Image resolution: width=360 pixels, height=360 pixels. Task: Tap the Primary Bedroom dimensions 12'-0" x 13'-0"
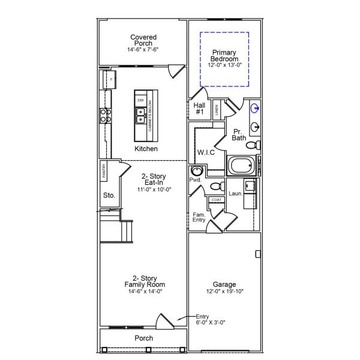click(224, 64)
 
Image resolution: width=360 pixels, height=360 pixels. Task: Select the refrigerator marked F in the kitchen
click(111, 79)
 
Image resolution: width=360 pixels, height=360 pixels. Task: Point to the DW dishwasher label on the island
click(140, 100)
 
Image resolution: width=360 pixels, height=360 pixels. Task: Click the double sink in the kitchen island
click(140, 115)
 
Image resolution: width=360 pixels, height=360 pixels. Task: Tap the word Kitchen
click(146, 149)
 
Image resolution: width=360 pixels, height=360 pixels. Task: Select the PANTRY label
click(104, 172)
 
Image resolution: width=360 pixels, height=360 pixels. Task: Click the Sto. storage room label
click(109, 195)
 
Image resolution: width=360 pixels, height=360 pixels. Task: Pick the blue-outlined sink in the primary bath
click(256, 109)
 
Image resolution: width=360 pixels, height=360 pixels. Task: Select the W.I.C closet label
click(206, 152)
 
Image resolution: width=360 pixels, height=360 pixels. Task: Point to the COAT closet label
click(216, 200)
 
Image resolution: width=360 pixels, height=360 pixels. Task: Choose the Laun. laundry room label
click(235, 193)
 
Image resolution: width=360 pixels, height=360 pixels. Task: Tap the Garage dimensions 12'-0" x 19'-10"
click(224, 292)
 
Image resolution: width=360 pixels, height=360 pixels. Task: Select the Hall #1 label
click(200, 108)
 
